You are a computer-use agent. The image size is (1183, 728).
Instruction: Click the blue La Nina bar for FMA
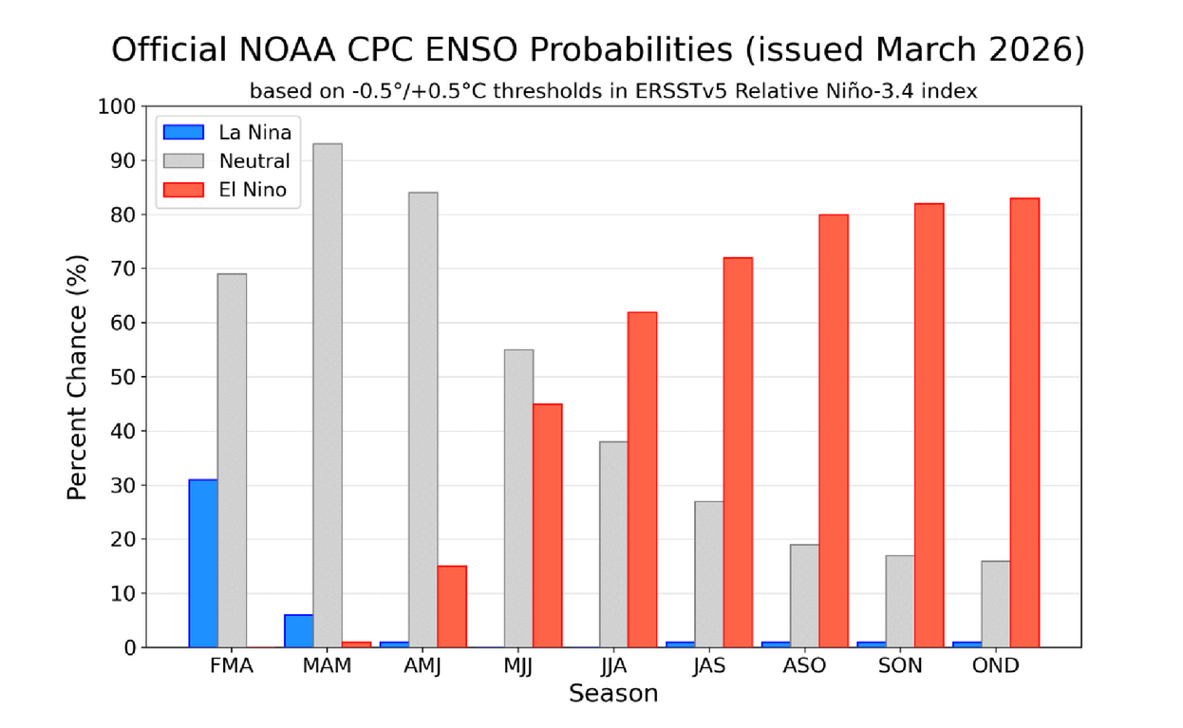[x=203, y=564]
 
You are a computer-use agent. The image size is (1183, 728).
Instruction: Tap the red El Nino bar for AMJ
[x=452, y=607]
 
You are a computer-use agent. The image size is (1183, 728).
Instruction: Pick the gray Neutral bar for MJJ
[x=518, y=498]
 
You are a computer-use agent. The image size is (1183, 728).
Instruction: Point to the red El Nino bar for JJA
[x=642, y=479]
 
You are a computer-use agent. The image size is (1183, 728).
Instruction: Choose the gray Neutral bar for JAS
[x=709, y=574]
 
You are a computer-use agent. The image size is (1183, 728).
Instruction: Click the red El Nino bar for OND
[x=1024, y=422]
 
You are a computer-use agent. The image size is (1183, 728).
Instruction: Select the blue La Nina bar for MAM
[x=299, y=631]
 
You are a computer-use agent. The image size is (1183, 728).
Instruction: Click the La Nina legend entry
[x=254, y=133]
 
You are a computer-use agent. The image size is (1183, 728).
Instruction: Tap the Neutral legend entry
[x=254, y=161]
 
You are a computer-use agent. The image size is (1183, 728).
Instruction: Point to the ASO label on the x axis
[x=804, y=666]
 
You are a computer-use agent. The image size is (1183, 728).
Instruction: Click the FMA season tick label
[x=232, y=666]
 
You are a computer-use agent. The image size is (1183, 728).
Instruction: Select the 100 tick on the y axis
[x=117, y=106]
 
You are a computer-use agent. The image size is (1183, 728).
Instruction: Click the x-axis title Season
[x=613, y=695]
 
